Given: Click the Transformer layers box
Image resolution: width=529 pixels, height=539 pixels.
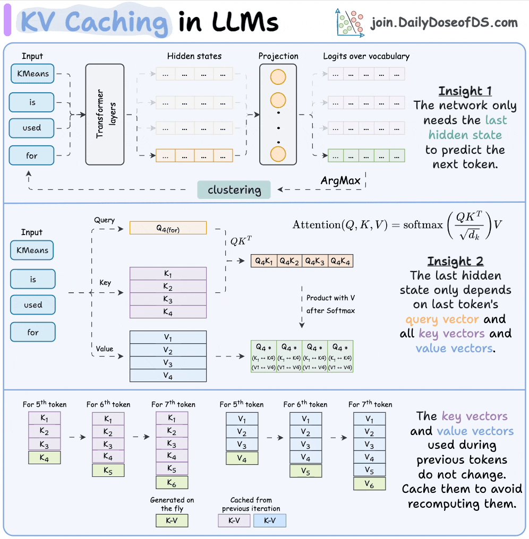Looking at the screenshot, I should click(105, 114).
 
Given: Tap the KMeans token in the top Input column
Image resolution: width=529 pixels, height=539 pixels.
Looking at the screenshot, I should click(32, 74).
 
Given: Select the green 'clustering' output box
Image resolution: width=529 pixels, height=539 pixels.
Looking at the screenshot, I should click(234, 190).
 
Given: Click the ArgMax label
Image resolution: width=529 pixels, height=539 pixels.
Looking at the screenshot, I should click(340, 180).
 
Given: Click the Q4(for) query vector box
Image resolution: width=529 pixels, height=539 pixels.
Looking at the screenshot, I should click(168, 228).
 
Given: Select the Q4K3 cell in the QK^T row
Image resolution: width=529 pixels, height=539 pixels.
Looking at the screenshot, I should click(314, 260).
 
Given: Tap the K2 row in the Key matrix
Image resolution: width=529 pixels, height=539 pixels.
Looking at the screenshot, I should click(168, 287).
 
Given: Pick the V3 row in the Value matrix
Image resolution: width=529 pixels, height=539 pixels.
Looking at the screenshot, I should click(168, 363).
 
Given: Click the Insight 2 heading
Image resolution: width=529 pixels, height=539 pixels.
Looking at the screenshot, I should click(455, 262).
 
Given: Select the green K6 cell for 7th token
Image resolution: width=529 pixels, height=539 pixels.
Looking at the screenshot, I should click(172, 482).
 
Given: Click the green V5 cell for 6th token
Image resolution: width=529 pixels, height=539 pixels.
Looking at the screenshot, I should click(305, 470).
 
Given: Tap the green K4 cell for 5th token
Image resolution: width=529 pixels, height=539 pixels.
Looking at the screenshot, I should click(45, 458).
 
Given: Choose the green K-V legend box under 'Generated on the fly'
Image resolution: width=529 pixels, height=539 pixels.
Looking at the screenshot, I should click(172, 520).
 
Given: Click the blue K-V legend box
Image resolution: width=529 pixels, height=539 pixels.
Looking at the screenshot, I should click(270, 520).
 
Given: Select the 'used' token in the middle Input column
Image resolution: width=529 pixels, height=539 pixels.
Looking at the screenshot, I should click(33, 305).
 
